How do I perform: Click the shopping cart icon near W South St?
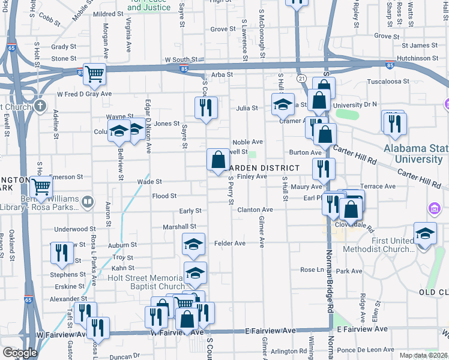coord(95,74)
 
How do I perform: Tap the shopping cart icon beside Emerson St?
coord(41,187)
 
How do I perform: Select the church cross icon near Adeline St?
coord(40,107)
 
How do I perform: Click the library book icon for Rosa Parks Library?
coord(88,202)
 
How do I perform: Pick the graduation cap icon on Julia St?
coord(283,104)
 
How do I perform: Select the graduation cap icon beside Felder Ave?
coord(193,244)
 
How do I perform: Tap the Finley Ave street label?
coord(252,176)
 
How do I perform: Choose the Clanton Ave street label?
coord(255,210)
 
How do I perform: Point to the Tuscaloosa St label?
coord(388,81)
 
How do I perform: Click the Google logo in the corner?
coord(19,353)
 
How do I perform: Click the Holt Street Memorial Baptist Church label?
coord(146,282)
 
